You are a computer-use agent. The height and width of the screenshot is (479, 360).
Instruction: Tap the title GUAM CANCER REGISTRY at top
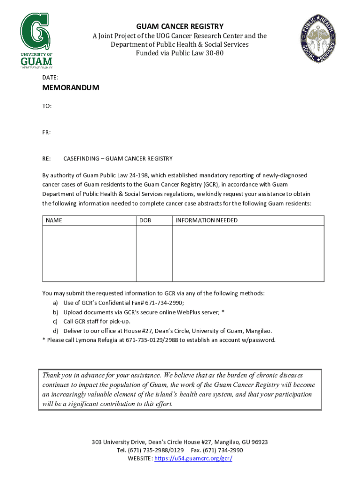click(180, 27)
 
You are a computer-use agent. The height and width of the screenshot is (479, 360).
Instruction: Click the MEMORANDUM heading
click(71, 88)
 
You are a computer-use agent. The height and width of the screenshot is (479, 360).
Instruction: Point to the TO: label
click(47, 106)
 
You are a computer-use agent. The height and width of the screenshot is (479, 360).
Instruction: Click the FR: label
click(47, 132)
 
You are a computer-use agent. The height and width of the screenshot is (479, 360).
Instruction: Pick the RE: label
click(47, 159)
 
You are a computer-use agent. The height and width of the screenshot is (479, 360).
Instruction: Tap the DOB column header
click(145, 220)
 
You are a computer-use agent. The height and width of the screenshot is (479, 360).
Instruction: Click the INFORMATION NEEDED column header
click(207, 220)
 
